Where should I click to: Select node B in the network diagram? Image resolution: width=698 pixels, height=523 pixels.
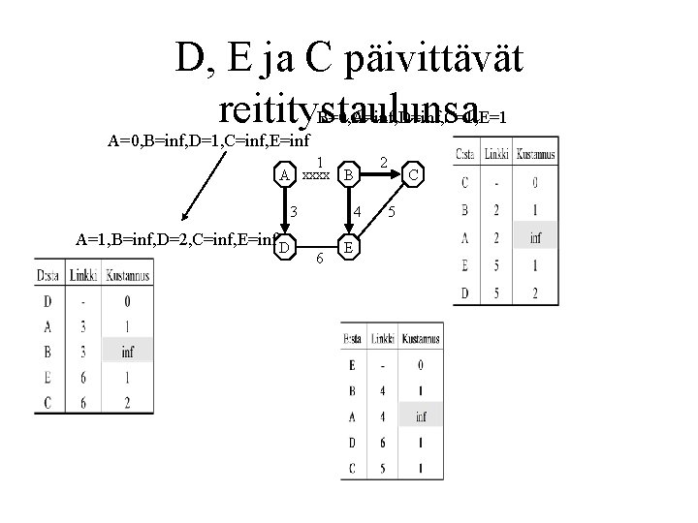(348, 175)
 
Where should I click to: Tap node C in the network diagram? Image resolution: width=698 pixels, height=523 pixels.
(413, 175)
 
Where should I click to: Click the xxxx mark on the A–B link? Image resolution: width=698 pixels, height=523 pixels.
(314, 176)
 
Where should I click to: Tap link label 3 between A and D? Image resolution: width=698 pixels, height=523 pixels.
(292, 213)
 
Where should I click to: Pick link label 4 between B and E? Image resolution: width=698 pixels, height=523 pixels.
(357, 212)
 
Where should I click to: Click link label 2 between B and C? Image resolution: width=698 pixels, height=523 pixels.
(383, 165)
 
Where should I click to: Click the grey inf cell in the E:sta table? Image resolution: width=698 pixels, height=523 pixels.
(420, 417)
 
